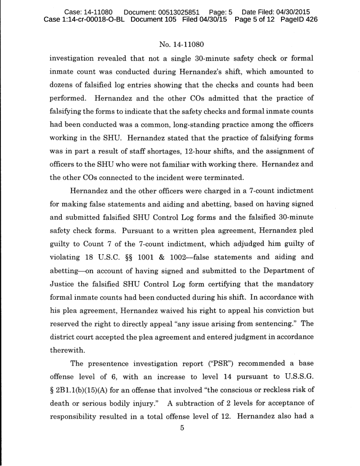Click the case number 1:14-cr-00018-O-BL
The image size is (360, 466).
83,20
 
